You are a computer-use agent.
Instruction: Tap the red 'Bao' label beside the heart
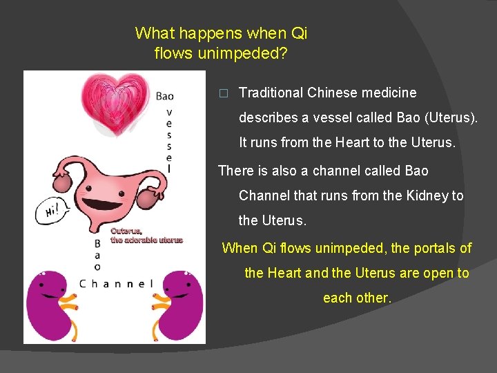165,96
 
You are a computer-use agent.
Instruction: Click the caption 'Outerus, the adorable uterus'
147,236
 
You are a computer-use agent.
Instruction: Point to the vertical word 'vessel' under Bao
170,138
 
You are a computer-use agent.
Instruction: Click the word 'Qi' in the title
299,33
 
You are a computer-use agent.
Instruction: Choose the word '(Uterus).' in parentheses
447,117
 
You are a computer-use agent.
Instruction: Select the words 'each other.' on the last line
357,298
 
